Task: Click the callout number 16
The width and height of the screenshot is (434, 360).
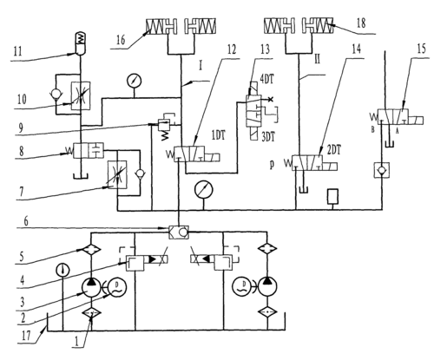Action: click(121, 40)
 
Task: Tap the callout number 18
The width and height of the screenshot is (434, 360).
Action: click(361, 23)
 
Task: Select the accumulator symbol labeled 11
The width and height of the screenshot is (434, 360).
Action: click(81, 43)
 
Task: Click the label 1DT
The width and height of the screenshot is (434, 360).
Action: click(219, 135)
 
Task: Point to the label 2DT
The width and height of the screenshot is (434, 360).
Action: click(334, 150)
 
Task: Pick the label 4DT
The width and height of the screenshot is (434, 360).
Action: click(266, 79)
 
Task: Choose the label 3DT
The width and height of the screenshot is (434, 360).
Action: click(268, 137)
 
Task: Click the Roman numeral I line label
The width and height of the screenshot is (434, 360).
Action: click(201, 66)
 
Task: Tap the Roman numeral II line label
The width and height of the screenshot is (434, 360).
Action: click(317, 60)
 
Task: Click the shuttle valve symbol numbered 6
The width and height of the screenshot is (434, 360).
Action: click(179, 232)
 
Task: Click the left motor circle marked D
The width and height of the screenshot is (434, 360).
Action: click(117, 286)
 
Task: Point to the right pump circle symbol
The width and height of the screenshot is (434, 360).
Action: click(267, 286)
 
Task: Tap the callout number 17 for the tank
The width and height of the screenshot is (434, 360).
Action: click(26, 336)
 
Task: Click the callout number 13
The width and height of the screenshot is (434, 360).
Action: click(265, 49)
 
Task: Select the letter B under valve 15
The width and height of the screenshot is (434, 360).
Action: click(373, 130)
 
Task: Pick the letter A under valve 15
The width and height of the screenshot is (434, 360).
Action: click(397, 131)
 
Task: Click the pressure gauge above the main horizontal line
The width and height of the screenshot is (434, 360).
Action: click(203, 190)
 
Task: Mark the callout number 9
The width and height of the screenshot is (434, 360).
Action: click(21, 128)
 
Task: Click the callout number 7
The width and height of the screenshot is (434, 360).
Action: click(22, 193)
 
